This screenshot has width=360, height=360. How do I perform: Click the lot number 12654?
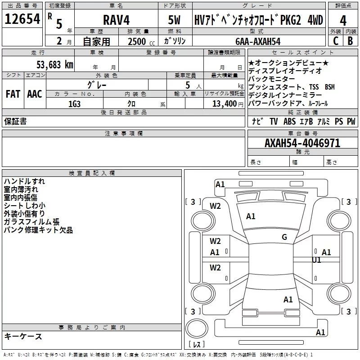tap(22, 19)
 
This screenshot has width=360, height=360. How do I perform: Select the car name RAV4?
tap(116, 20)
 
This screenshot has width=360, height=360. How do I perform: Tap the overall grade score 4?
tap(343, 21)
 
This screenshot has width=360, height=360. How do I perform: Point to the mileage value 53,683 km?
tap(55, 65)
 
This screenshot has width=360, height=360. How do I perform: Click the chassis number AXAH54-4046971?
tap(302, 143)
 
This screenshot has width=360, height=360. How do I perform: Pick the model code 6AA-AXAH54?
tap(258, 41)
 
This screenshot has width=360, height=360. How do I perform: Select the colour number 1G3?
tap(74, 104)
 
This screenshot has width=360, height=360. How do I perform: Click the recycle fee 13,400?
tap(224, 104)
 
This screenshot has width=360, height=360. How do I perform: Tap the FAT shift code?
tap(13, 94)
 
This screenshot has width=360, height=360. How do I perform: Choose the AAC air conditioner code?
tap(35, 94)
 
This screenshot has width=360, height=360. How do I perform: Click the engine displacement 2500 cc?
tap(141, 42)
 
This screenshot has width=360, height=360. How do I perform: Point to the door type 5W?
tap(174, 20)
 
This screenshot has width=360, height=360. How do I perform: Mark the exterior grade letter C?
tap(336, 41)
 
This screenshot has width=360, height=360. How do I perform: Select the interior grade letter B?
tap(351, 41)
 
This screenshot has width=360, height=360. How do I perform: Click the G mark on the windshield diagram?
tap(284, 237)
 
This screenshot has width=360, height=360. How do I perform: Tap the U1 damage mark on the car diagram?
tap(316, 260)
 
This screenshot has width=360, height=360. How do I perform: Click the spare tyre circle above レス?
tap(197, 328)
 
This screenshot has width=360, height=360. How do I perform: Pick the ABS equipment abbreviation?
tap(289, 121)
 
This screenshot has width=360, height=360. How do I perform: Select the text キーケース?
tap(23, 336)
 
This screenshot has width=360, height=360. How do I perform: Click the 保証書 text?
tap(15, 121)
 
